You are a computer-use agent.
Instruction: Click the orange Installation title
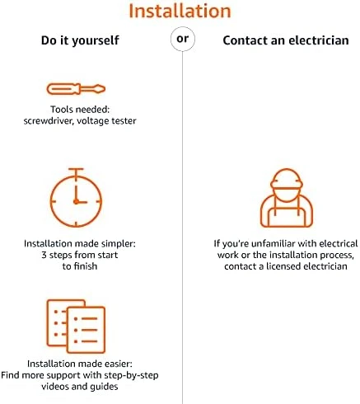click(x=180, y=11)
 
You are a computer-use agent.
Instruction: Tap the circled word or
click(x=183, y=39)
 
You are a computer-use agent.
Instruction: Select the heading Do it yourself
click(x=80, y=40)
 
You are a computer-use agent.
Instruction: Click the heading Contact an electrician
click(x=286, y=40)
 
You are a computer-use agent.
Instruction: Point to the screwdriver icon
click(x=76, y=89)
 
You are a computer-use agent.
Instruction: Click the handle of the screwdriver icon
click(x=63, y=89)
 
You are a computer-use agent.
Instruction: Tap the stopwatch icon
click(x=76, y=198)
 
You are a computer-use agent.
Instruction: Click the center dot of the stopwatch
click(x=76, y=202)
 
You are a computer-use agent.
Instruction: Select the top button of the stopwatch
click(x=76, y=169)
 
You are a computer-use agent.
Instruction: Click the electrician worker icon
click(x=287, y=198)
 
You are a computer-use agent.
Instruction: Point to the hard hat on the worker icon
click(x=287, y=178)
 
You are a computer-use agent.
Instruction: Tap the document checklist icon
click(x=76, y=326)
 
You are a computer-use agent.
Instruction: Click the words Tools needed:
click(x=80, y=110)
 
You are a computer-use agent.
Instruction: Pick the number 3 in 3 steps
click(x=44, y=255)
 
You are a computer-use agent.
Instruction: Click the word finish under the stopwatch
click(x=86, y=266)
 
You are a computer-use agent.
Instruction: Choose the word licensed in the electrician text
click(x=282, y=266)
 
